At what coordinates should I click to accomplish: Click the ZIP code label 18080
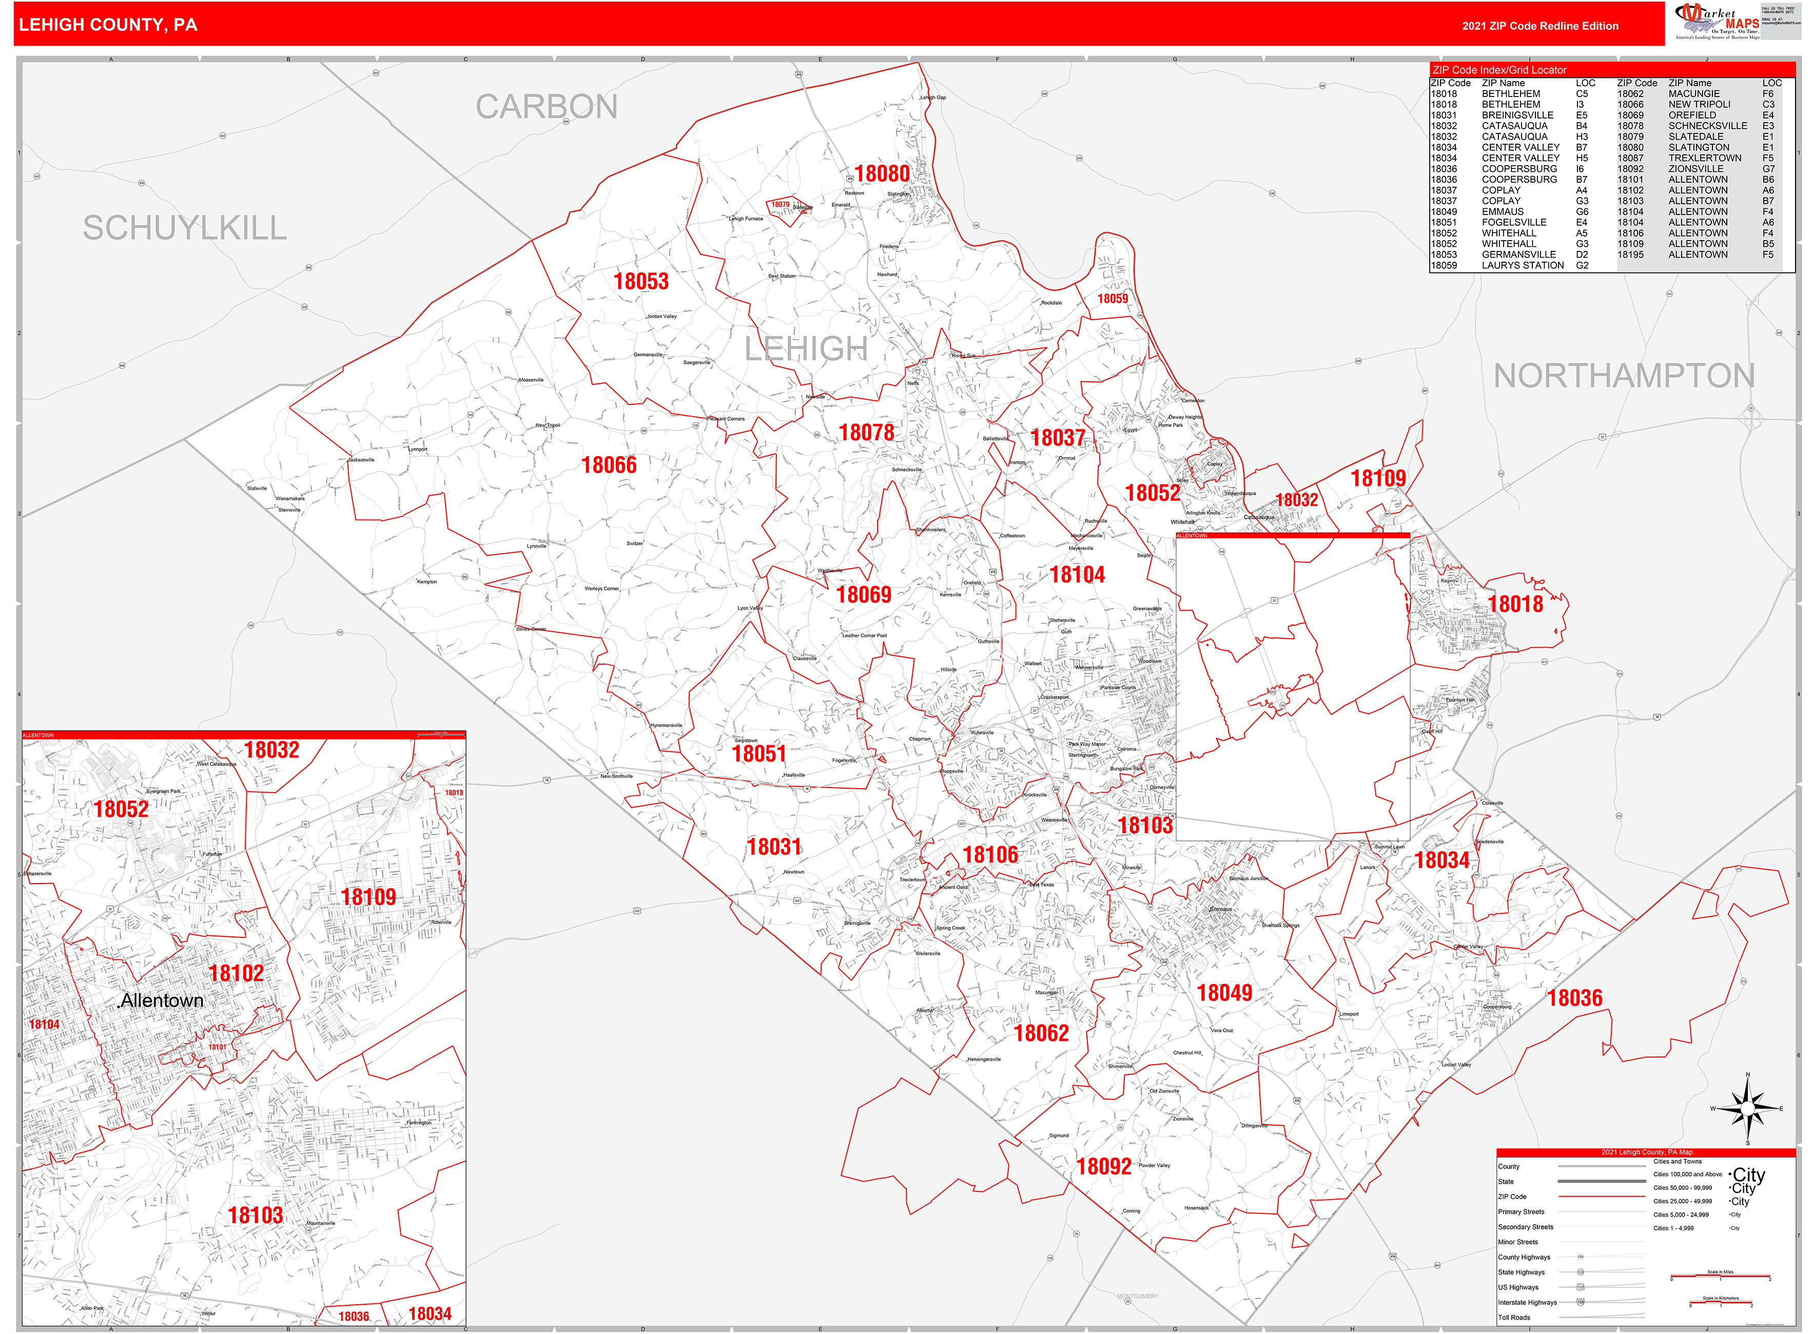click(882, 173)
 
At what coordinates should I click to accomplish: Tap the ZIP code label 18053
click(641, 281)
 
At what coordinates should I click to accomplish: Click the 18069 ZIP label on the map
click(863, 594)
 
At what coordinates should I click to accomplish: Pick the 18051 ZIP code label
click(758, 753)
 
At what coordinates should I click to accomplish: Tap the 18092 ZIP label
click(1104, 1166)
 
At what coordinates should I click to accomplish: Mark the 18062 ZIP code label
click(1041, 1033)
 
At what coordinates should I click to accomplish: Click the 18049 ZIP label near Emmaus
click(1224, 992)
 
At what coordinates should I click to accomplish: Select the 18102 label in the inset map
click(236, 973)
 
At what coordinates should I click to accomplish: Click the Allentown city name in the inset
click(162, 1000)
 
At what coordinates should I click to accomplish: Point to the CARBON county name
click(547, 107)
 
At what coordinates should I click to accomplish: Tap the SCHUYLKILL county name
click(185, 228)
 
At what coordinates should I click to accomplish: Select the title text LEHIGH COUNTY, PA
click(108, 25)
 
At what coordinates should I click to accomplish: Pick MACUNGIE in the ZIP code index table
click(1693, 94)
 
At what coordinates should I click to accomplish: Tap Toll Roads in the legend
click(1514, 1317)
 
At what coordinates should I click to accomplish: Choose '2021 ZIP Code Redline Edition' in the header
click(1540, 26)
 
